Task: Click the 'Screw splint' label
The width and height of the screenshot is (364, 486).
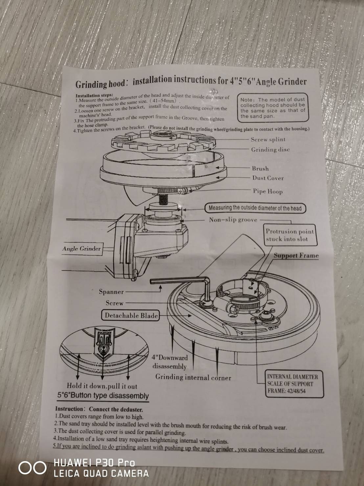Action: [268, 140]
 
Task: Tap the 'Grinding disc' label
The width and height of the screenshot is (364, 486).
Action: [270, 150]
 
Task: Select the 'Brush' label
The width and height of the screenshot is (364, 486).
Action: [260, 168]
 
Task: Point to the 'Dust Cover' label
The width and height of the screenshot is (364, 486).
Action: [268, 178]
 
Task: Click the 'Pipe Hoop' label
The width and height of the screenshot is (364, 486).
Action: [267, 192]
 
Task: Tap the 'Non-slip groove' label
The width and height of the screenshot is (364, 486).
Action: [233, 220]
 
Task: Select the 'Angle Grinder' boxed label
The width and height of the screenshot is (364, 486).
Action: [81, 249]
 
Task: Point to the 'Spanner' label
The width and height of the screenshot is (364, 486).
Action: [111, 292]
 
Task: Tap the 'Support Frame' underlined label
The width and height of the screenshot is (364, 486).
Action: [296, 256]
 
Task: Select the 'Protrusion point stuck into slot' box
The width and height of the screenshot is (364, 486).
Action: [290, 235]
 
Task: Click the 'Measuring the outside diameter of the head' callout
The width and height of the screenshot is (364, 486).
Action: [255, 208]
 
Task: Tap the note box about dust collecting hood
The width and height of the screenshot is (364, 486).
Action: [272, 108]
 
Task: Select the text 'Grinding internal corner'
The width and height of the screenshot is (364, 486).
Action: [193, 377]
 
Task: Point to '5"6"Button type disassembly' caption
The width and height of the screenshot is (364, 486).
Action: [103, 396]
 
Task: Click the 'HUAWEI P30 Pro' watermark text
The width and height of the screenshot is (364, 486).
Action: [94, 463]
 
